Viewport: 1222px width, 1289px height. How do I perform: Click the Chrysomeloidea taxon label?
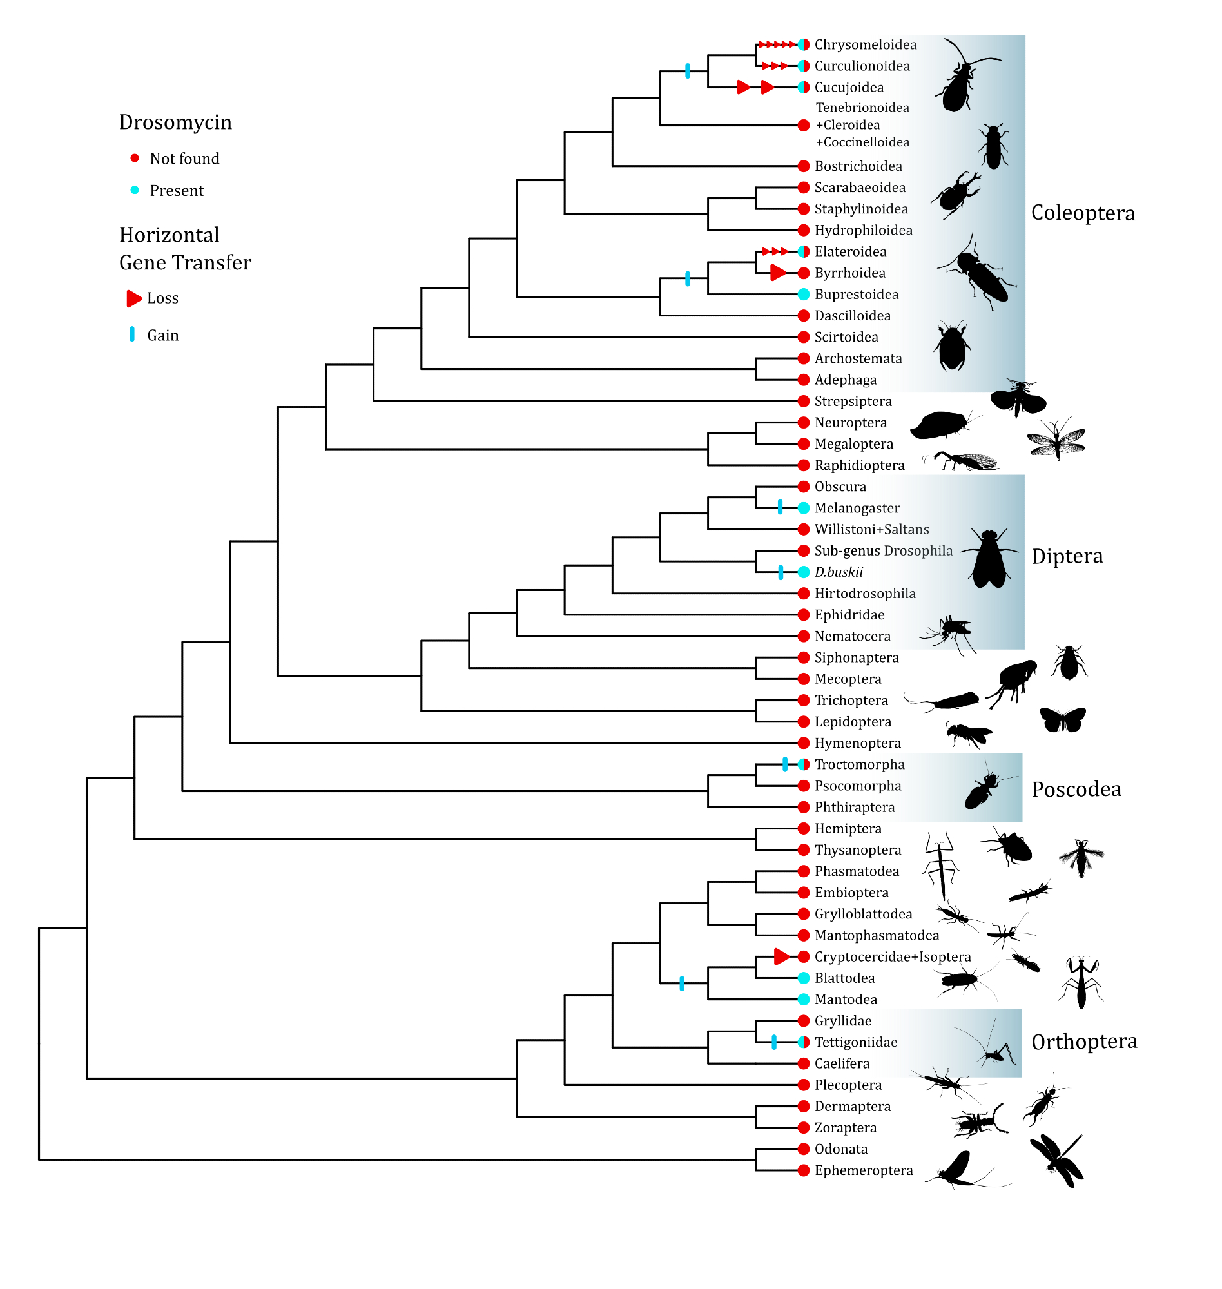pos(865,44)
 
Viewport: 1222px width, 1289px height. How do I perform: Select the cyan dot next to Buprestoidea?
pos(804,295)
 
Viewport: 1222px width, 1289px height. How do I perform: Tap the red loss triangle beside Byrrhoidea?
pos(778,273)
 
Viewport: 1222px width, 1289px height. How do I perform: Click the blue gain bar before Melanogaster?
pos(781,507)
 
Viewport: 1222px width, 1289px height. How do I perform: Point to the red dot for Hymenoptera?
pos(804,743)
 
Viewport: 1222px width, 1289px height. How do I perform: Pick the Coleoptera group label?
pos(1083,213)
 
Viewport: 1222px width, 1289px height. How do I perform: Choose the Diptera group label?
pos(1067,556)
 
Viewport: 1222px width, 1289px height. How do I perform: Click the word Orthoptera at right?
pos(1084,1042)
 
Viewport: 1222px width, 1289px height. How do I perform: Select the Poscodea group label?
pos(1076,790)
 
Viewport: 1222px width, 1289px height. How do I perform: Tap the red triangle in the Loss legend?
pos(134,298)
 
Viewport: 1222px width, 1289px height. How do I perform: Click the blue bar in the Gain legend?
pos(132,334)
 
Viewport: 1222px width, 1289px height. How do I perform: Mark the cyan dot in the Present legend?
pos(135,190)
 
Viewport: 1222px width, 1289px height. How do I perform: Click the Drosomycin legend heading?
pos(175,122)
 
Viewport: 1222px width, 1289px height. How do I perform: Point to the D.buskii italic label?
pos(839,572)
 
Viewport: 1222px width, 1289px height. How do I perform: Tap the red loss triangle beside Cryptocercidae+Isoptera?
pos(782,957)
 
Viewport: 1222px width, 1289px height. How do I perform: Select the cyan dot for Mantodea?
pos(804,999)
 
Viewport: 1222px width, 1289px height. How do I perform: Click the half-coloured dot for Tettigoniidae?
pos(804,1042)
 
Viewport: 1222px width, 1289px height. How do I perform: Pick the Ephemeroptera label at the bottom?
pos(864,1170)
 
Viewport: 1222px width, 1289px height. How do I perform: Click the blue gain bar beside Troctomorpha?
pos(785,764)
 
